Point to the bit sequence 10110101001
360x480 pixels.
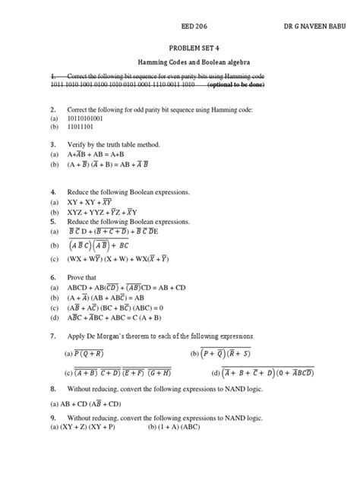(x=93, y=119)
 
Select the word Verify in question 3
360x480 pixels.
(x=79, y=143)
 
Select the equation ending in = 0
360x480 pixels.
(x=123, y=308)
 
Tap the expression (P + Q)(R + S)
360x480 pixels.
(x=235, y=353)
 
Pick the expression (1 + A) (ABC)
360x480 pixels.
(x=183, y=427)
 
